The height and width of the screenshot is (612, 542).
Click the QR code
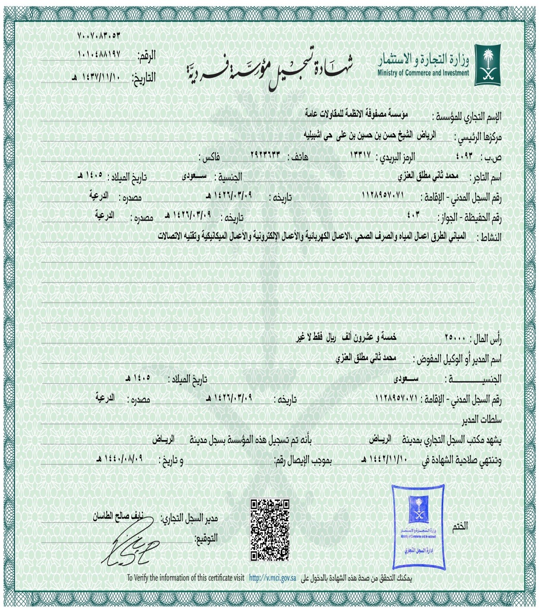270,530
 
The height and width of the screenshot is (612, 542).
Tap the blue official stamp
418,526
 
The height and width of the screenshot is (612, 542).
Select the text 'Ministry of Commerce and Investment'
423,73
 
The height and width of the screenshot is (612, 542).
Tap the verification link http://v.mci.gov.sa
272,578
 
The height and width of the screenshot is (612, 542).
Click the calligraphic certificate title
269,70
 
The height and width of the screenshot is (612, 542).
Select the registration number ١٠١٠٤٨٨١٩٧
99,54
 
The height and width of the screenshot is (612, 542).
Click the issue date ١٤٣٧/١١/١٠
97,77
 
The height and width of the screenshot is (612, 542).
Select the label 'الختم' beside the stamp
460,526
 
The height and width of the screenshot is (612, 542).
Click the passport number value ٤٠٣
413,214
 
